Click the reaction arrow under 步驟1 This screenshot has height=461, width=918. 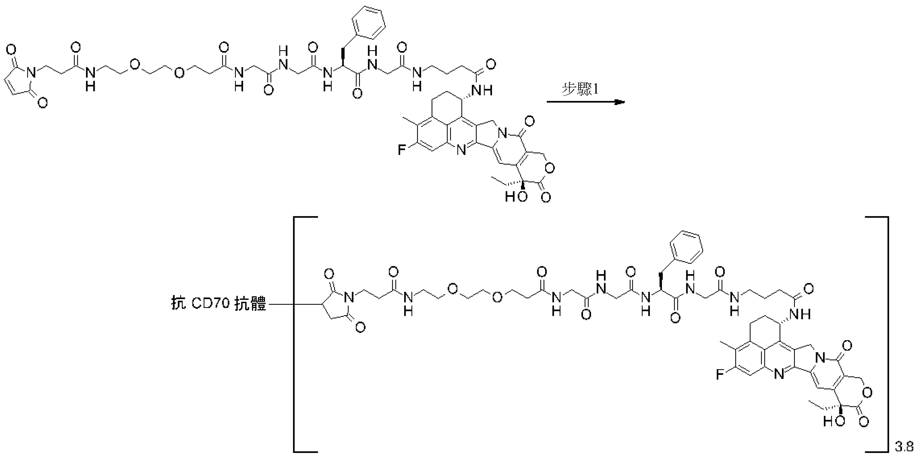pyautogui.click(x=586, y=102)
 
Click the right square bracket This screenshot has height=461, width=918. pyautogui.click(x=887, y=334)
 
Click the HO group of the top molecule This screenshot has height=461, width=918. pyautogui.click(x=516, y=196)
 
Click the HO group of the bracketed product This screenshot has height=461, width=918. pyautogui.click(x=834, y=421)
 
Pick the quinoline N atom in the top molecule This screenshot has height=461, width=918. pyautogui.click(x=461, y=151)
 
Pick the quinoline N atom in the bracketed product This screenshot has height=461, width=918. pyautogui.click(x=779, y=375)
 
